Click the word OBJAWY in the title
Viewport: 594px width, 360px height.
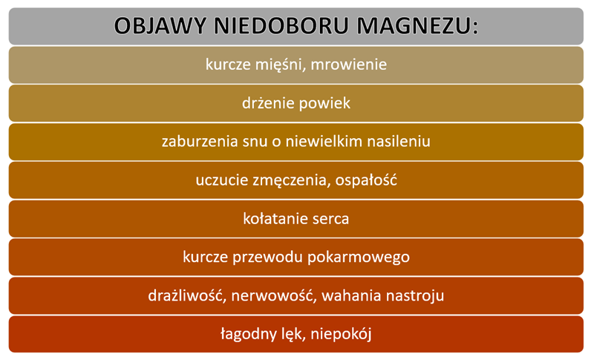(157, 26)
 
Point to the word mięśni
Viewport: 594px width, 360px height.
(278, 65)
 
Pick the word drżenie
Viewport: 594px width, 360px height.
(267, 103)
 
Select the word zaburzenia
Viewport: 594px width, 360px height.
(195, 141)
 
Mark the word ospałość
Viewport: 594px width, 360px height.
(361, 180)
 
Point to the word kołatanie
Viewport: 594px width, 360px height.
(273, 219)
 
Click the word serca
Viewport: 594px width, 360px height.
(330, 219)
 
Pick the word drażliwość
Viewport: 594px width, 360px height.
(186, 295)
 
